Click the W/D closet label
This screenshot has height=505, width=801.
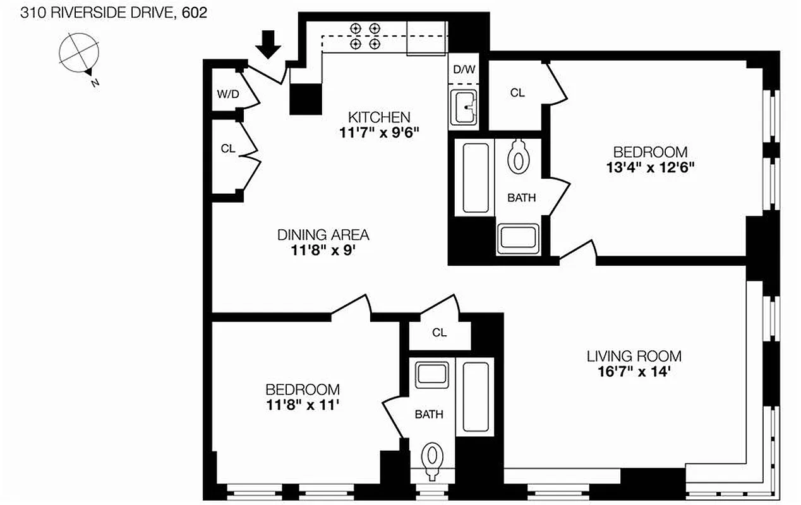click(228, 95)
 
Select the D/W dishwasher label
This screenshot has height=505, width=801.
click(464, 70)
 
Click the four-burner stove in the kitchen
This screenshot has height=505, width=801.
click(365, 36)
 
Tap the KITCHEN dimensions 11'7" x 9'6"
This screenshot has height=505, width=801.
click(379, 132)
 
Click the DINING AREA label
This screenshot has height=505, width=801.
click(323, 235)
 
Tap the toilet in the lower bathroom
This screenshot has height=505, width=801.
click(432, 461)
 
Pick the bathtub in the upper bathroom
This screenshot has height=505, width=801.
click(476, 178)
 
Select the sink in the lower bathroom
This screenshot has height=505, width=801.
click(431, 374)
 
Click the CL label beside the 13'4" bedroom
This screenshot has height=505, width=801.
click(517, 93)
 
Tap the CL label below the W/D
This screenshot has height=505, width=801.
click(228, 149)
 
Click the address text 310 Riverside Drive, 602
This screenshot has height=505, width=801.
click(114, 13)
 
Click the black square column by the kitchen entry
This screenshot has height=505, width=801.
click(305, 99)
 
